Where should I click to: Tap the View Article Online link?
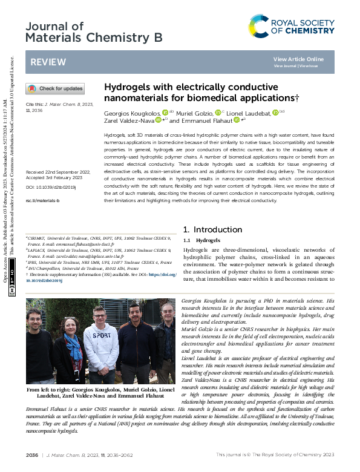click(298, 59)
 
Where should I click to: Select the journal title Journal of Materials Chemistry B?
click(94, 32)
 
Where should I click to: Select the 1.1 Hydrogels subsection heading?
click(193, 240)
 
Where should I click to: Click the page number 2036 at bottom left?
click(32, 454)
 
